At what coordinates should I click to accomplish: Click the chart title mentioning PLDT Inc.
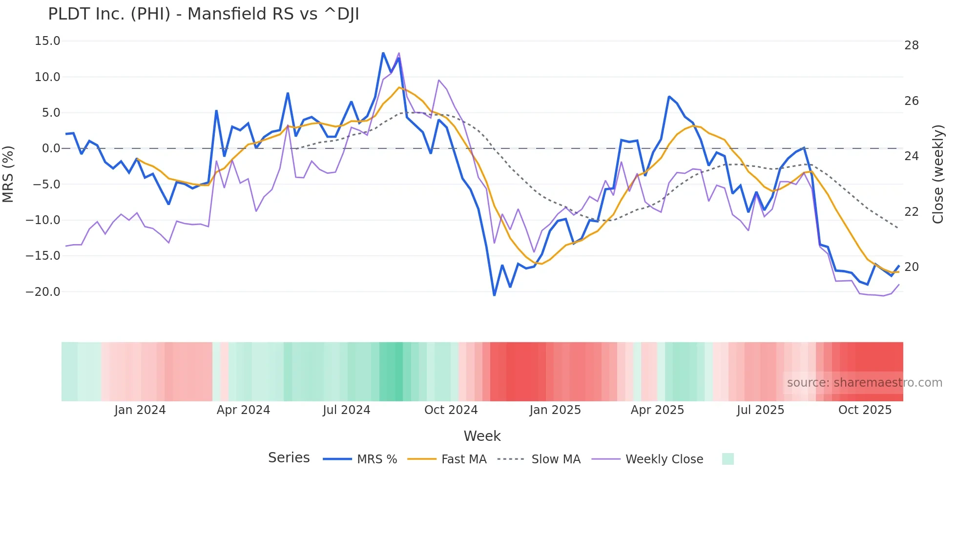[203, 14]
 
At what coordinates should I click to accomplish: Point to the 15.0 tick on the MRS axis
[47, 41]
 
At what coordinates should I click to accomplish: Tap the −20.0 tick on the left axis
[43, 292]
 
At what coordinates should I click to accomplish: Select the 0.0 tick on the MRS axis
[51, 148]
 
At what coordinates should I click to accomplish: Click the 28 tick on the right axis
[911, 45]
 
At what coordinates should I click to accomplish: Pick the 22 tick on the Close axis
[911, 212]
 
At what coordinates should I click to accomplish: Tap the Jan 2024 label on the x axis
[140, 410]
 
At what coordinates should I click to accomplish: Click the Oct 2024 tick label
[451, 410]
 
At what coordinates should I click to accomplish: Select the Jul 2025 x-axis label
[760, 410]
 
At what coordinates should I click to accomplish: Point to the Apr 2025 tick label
[657, 410]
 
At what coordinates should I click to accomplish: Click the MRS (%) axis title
[8, 174]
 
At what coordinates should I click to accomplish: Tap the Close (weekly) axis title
[937, 174]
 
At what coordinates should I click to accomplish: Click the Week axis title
[482, 436]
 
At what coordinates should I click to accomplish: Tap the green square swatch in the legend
[728, 459]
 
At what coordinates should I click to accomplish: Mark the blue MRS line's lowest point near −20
[494, 295]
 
